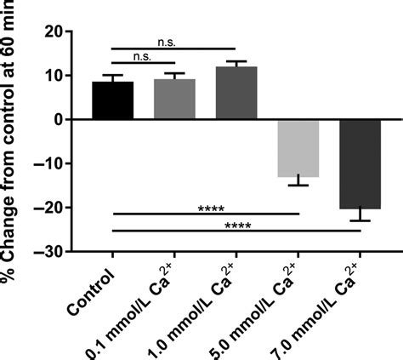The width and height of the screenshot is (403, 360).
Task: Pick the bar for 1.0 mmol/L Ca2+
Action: (x=236, y=94)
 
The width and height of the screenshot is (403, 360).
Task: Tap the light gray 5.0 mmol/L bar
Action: (x=298, y=148)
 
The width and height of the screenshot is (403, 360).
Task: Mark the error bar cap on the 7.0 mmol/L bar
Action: (x=360, y=220)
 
